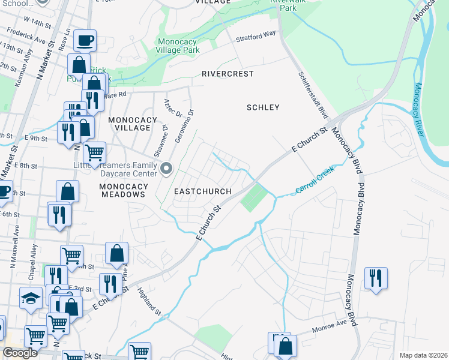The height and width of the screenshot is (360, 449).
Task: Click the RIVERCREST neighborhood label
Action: point(228,74)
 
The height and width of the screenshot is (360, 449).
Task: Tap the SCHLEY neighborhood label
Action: point(263,107)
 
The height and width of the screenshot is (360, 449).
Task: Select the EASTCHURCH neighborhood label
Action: point(202,191)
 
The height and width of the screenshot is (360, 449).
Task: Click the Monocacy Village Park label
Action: point(186,46)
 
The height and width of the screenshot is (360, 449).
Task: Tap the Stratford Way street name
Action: point(256,37)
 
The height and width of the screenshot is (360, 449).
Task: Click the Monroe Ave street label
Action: point(330,331)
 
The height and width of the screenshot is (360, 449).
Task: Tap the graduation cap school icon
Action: point(30,298)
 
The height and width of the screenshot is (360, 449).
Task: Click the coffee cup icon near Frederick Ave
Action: point(85,40)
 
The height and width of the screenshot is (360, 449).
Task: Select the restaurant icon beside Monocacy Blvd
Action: point(376,278)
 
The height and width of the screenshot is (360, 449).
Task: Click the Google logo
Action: point(20,353)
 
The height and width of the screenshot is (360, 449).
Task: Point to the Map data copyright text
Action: point(423,355)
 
